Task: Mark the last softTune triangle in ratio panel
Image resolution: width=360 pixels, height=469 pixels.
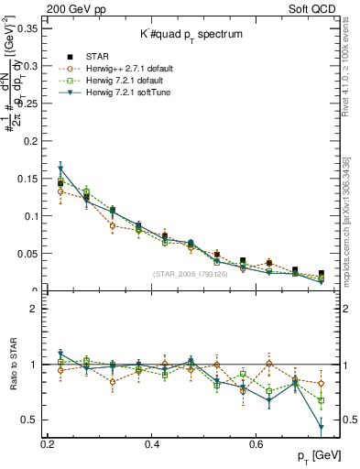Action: click(322, 428)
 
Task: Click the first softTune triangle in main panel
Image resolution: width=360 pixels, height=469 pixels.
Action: click(60, 169)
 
